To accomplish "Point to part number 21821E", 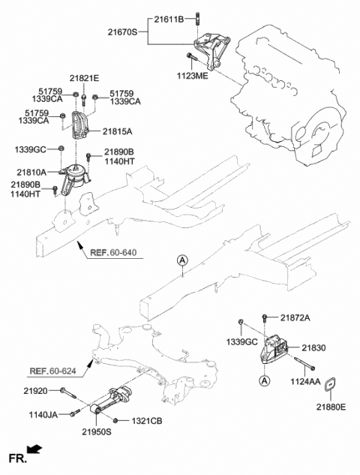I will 85,77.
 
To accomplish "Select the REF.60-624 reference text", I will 54,370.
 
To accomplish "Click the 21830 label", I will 313,348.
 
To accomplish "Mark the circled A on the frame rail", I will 181,260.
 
